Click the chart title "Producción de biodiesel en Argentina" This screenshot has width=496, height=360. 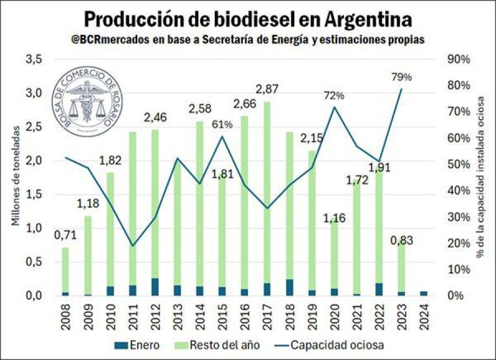click(x=247, y=20)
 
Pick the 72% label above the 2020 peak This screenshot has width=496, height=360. click(x=333, y=95)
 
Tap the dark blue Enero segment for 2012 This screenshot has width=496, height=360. click(x=155, y=287)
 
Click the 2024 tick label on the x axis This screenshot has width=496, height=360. click(x=424, y=316)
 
